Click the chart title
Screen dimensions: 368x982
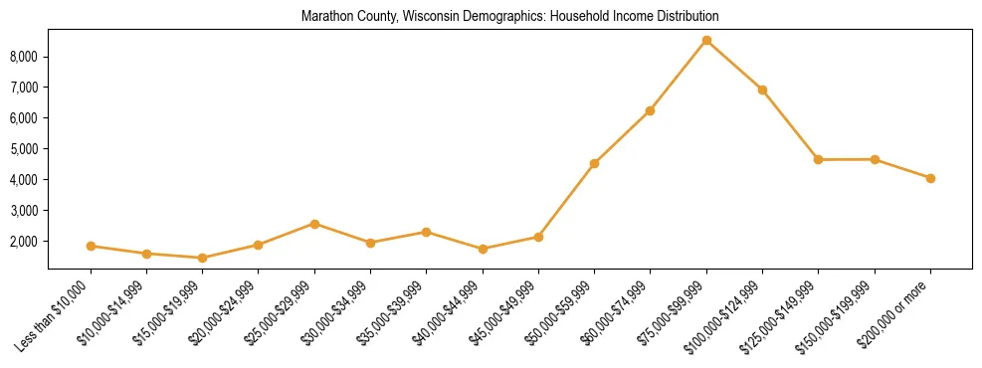click(x=509, y=17)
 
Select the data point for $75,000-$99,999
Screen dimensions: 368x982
click(x=706, y=40)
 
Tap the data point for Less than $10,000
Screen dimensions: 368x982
click(x=91, y=246)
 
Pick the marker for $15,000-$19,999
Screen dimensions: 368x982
click(x=202, y=258)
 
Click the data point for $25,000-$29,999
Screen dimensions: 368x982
click(x=314, y=224)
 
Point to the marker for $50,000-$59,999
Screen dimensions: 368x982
click(x=594, y=163)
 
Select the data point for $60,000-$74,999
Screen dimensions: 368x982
click(x=650, y=110)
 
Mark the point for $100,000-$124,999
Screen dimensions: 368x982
click(x=762, y=90)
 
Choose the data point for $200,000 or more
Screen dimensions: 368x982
click(x=930, y=178)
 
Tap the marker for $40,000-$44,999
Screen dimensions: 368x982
click(x=483, y=249)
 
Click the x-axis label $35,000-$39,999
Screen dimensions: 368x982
click(x=396, y=310)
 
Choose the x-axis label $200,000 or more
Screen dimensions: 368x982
click(x=901, y=309)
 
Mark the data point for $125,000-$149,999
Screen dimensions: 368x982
click(x=818, y=159)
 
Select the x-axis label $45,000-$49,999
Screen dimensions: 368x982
click(x=507, y=310)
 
